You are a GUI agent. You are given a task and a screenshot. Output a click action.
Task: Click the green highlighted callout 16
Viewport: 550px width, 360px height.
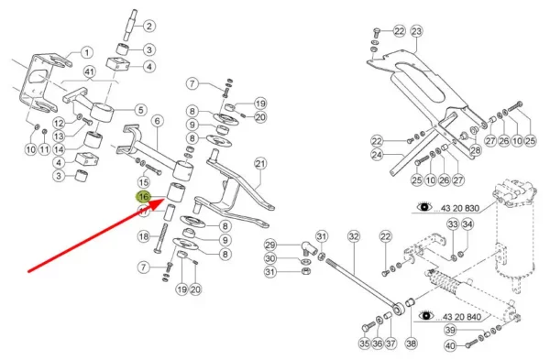[144, 197]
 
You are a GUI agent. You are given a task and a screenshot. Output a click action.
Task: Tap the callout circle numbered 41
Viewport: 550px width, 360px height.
[90, 72]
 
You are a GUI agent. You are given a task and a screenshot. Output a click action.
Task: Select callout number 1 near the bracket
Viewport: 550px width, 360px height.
[87, 53]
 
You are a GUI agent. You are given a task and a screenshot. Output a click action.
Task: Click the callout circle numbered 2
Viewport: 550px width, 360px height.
[149, 26]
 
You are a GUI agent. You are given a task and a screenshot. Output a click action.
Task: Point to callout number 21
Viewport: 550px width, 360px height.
[260, 164]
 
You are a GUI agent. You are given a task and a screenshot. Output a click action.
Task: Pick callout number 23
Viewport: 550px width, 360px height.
[416, 31]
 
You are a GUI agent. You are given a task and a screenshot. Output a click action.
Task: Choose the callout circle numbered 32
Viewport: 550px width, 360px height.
[354, 236]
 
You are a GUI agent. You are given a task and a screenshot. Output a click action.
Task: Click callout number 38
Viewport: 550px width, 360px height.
[411, 344]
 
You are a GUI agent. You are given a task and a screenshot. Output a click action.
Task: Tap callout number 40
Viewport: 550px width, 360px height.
[450, 346]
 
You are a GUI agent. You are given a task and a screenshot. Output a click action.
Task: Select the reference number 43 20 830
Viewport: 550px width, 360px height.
[460, 208]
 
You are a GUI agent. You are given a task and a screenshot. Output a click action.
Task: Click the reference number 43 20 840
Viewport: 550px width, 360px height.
[462, 317]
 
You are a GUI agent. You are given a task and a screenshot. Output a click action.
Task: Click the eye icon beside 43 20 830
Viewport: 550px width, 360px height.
[424, 207]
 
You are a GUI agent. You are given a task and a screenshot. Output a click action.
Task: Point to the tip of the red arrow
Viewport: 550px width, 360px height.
[165, 199]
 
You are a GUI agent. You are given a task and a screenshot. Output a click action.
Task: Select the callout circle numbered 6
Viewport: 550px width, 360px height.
[157, 121]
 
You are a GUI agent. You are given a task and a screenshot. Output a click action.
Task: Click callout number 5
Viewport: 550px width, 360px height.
[140, 110]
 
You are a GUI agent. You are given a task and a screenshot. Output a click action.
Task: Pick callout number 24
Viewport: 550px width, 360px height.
[377, 155]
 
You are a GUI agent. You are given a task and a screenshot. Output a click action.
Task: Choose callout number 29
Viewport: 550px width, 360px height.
[270, 245]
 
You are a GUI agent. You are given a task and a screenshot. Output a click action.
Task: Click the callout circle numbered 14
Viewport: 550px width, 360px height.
[59, 149]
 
